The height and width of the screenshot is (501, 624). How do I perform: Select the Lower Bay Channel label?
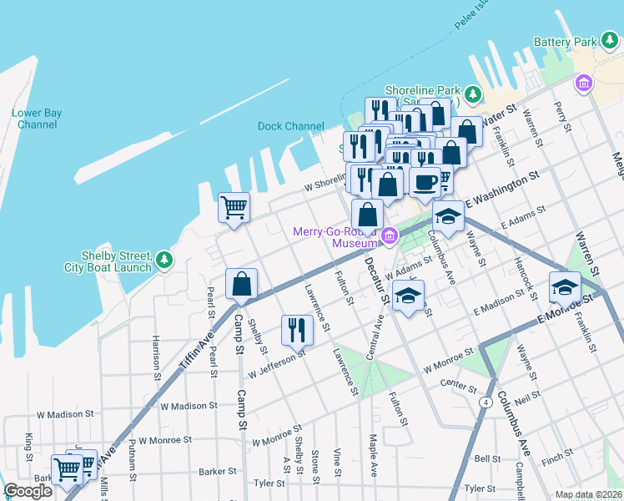pyautogui.click(x=36, y=119)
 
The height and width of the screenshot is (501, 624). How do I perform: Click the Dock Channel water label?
pyautogui.click(x=290, y=126)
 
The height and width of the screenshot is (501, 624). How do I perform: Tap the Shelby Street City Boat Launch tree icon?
pyautogui.click(x=165, y=261)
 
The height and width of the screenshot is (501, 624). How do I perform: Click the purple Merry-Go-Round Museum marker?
pyautogui.click(x=389, y=237)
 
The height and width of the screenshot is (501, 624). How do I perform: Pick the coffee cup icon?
pyautogui.click(x=425, y=181)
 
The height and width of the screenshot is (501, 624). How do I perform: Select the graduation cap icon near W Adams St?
pyautogui.click(x=408, y=296)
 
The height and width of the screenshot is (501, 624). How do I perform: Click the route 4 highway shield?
pyautogui.click(x=485, y=401)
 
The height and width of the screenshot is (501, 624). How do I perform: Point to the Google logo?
pyautogui.click(x=28, y=491)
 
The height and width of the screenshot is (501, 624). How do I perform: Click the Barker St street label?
pyautogui.click(x=218, y=472)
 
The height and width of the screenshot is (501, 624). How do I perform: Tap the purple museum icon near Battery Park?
pyautogui.click(x=583, y=83)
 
